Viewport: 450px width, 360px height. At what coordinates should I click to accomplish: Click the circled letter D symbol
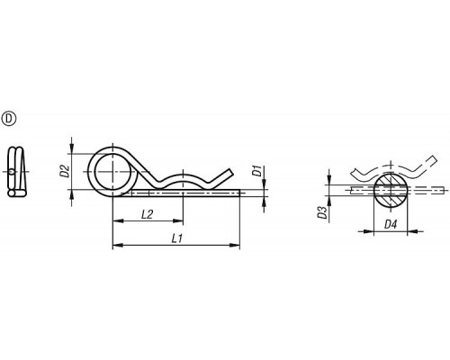(x=9, y=119)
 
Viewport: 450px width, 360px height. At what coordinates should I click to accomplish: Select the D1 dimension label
(x=256, y=171)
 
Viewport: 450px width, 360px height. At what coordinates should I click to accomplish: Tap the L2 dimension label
(x=147, y=214)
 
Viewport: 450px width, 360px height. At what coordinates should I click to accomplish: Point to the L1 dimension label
(x=177, y=238)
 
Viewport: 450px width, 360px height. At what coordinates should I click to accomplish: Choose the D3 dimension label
(x=323, y=212)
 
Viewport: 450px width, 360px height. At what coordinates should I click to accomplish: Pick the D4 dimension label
(x=391, y=224)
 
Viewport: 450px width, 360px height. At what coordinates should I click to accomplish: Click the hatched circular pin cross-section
(x=391, y=190)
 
